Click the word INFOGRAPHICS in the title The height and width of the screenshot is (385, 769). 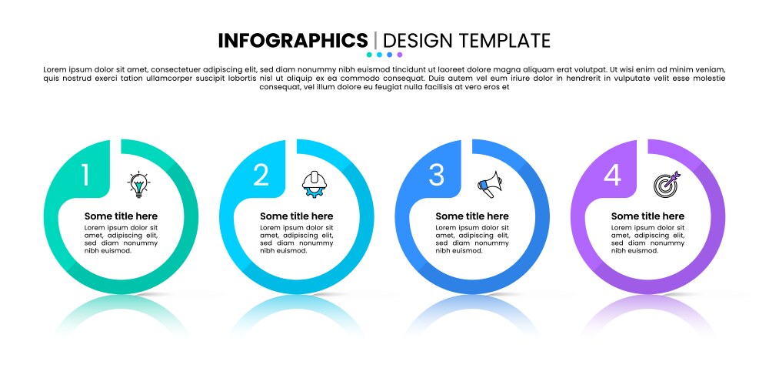[x=293, y=40]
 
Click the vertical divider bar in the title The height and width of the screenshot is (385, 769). [x=376, y=40]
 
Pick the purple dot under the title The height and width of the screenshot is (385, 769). [x=400, y=55]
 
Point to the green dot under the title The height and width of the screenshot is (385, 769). [x=369, y=55]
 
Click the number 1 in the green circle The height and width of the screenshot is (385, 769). [x=85, y=175]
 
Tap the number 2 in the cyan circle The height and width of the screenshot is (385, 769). [x=261, y=175]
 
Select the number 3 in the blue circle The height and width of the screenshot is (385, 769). [x=437, y=175]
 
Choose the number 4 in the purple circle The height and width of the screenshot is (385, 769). [x=612, y=175]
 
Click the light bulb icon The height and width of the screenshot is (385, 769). [x=138, y=185]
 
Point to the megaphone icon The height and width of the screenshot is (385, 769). [x=490, y=185]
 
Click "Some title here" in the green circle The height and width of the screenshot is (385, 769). [x=122, y=216]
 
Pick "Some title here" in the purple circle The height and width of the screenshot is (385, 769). [x=647, y=216]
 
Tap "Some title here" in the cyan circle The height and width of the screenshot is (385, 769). [x=297, y=216]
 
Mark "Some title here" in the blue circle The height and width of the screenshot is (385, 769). [x=472, y=216]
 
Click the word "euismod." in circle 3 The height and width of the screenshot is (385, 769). [x=468, y=250]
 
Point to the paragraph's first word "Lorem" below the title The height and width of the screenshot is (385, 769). [x=54, y=70]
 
